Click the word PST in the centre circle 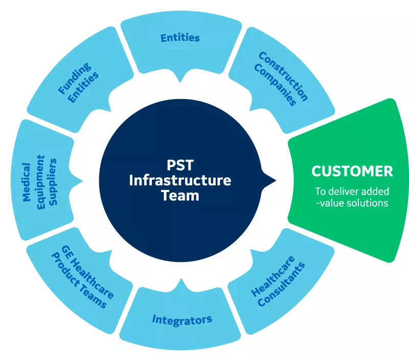[180, 165]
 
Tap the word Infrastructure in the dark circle [180, 180]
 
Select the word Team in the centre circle [180, 196]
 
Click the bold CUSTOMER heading [352, 171]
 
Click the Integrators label [182, 320]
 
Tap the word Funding [75, 78]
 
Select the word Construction [284, 76]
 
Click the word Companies [275, 85]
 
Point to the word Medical [27, 182]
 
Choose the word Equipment [41, 182]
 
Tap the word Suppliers [53, 182]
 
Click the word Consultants [281, 284]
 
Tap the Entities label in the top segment [180, 38]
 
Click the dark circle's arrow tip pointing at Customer [276, 180]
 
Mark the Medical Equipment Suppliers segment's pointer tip [82, 181]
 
